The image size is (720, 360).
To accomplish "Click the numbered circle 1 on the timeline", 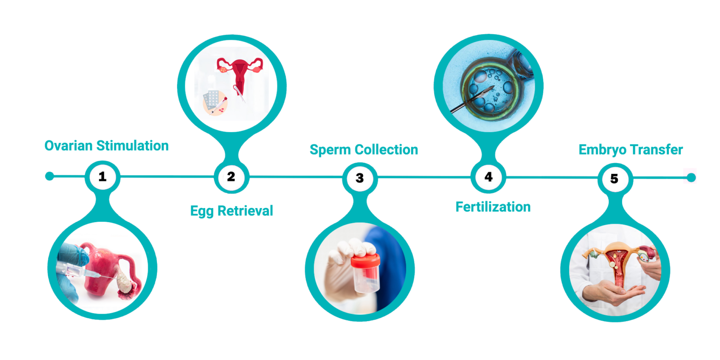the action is point(103,176).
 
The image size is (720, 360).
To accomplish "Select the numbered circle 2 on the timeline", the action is point(232,177).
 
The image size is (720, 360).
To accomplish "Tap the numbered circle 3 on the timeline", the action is point(360,178).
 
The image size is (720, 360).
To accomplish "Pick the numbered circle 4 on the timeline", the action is point(488,177).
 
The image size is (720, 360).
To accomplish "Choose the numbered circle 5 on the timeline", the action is point(615,179).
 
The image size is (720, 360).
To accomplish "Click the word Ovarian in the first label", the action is point(68,146).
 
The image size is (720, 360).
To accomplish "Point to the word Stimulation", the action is point(133,146).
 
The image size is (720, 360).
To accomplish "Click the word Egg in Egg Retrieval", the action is point(202,211).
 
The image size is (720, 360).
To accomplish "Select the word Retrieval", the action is point(245,211).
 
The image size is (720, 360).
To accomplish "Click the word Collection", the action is point(386,150).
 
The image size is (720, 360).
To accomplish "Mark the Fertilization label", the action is point(493,207).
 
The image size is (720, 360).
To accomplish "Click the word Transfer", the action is point(656,150).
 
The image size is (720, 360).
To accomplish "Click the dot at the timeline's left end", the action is point(50,176).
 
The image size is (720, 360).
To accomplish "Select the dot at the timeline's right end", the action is point(691,178).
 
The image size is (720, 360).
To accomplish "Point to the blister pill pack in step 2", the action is point(212,100).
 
